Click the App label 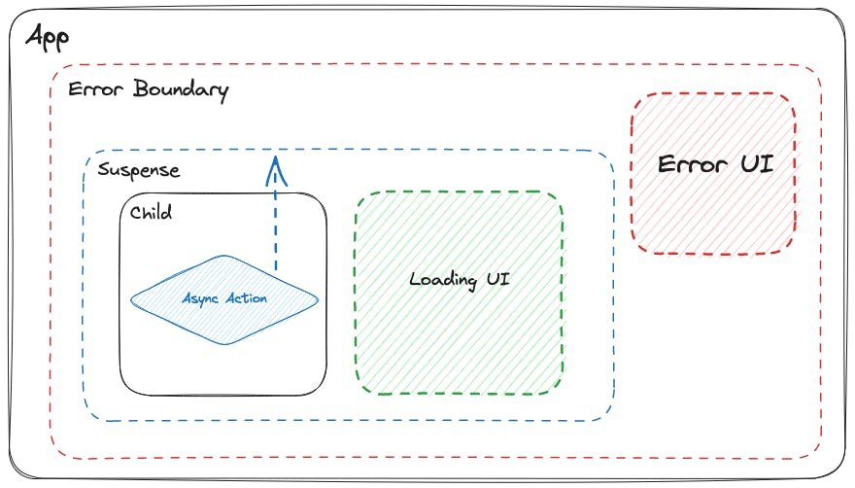(x=48, y=40)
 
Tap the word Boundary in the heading (x=182, y=90)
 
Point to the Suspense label (x=139, y=171)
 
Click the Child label (x=151, y=212)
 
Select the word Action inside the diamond (x=247, y=298)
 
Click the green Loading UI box (x=459, y=321)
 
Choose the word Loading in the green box (x=439, y=280)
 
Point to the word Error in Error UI (x=691, y=163)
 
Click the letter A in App (x=35, y=38)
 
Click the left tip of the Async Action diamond (x=133, y=298)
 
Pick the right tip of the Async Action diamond (x=317, y=298)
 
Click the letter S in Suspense (x=104, y=171)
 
